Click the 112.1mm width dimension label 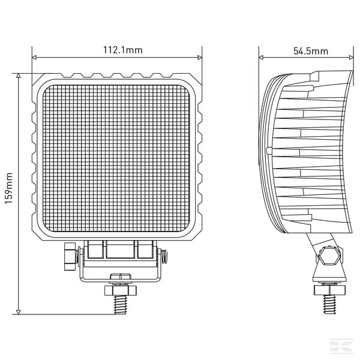click(x=123, y=50)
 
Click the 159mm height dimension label click(x=9, y=188)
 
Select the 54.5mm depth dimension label click(x=311, y=51)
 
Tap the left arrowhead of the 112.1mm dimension click(x=34, y=58)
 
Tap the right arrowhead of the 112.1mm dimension click(x=200, y=58)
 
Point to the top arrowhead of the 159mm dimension click(x=19, y=76)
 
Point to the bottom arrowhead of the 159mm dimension click(x=19, y=312)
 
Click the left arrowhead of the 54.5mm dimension click(x=261, y=58)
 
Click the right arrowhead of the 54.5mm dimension click(x=351, y=58)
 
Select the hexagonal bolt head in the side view click(x=329, y=256)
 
